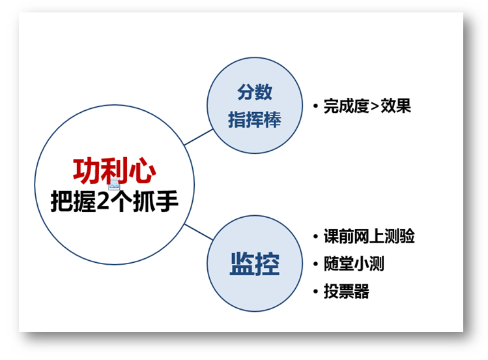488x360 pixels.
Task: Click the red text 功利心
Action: pyautogui.click(x=114, y=171)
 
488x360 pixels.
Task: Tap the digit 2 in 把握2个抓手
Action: pyautogui.click(x=103, y=201)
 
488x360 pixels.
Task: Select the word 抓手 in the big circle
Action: pyautogui.click(x=155, y=201)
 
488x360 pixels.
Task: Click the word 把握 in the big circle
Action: pyautogui.click(x=73, y=201)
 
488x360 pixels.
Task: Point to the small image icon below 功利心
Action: pyautogui.click(x=114, y=185)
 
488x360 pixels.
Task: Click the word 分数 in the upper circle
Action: pyautogui.click(x=255, y=92)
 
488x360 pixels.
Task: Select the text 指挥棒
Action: pyautogui.click(x=255, y=119)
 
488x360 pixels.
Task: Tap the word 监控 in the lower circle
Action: pyautogui.click(x=255, y=263)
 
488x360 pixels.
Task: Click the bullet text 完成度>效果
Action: pyautogui.click(x=367, y=106)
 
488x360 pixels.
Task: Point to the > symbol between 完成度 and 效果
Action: pyautogui.click(x=375, y=106)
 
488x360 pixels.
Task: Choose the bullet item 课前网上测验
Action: pyautogui.click(x=369, y=236)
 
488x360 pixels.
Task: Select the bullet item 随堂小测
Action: pyautogui.click(x=354, y=263)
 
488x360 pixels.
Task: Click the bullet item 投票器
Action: pyautogui.click(x=347, y=292)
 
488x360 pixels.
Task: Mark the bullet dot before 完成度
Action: pyautogui.click(x=315, y=106)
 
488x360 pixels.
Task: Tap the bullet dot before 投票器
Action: pyautogui.click(x=315, y=292)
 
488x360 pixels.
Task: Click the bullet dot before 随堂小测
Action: pyautogui.click(x=315, y=264)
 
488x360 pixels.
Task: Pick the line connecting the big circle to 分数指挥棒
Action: pyautogui.click(x=199, y=137)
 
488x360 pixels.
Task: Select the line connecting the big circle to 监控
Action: pyautogui.click(x=199, y=232)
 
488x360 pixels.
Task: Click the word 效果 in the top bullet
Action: pyautogui.click(x=396, y=106)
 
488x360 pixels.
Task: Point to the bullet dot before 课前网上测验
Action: pyautogui.click(x=315, y=236)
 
